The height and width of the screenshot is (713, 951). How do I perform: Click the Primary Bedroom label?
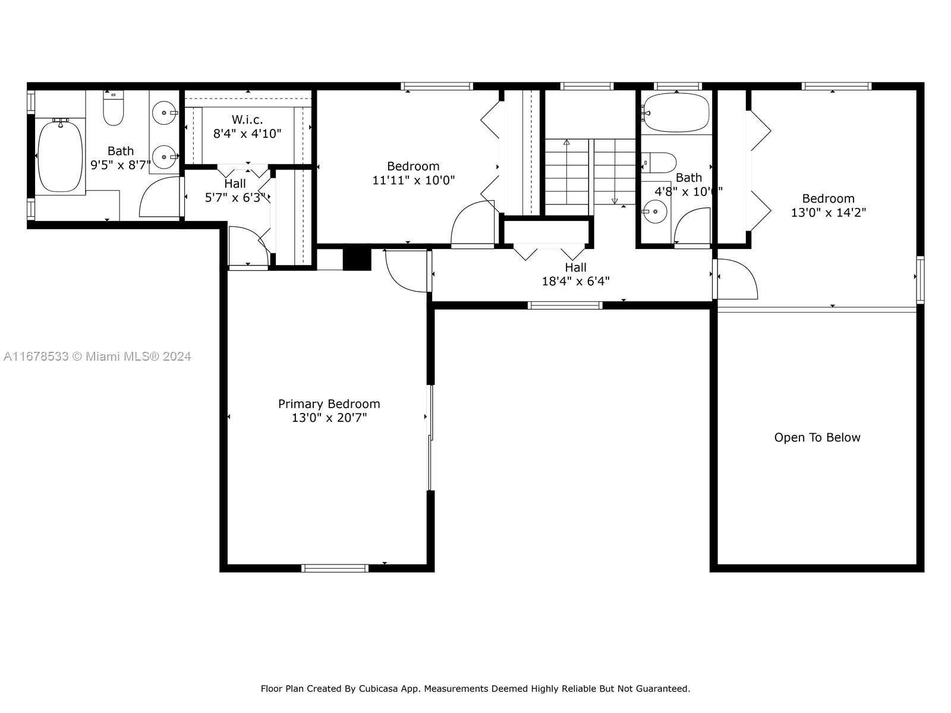[x=329, y=404]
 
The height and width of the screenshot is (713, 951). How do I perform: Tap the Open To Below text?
[x=817, y=437]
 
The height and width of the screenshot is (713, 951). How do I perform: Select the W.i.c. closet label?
[x=247, y=119]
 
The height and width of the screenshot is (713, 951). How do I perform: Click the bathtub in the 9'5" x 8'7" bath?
[x=60, y=156]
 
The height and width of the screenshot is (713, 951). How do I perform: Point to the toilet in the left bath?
[x=114, y=108]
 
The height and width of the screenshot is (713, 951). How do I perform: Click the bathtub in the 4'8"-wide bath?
[x=676, y=112]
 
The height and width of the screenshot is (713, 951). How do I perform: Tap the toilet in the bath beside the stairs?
[x=659, y=163]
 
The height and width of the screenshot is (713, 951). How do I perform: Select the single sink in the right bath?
[x=654, y=212]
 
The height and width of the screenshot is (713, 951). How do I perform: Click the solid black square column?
[x=357, y=258]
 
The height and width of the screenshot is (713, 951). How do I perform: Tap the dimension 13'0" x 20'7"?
[x=329, y=418]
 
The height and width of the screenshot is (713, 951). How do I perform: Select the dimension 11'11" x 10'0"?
[x=414, y=180]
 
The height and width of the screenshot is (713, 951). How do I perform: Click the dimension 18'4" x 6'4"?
[x=576, y=282]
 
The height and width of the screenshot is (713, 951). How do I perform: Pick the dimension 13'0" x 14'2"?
[x=829, y=213]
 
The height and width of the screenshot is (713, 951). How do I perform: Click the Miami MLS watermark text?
[x=97, y=356]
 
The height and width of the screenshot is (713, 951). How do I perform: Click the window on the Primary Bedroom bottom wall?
[x=335, y=569]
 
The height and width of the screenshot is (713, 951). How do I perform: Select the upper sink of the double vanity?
[x=165, y=112]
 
